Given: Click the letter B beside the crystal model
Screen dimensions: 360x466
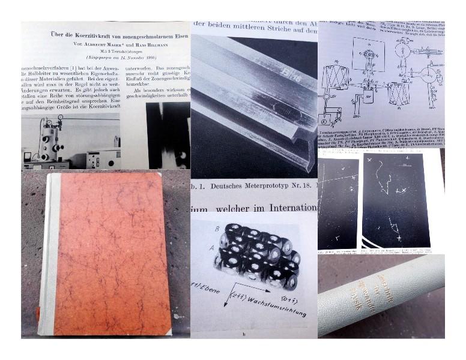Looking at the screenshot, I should pos(211,229).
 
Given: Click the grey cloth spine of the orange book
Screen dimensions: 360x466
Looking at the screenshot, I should pos(49,252).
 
